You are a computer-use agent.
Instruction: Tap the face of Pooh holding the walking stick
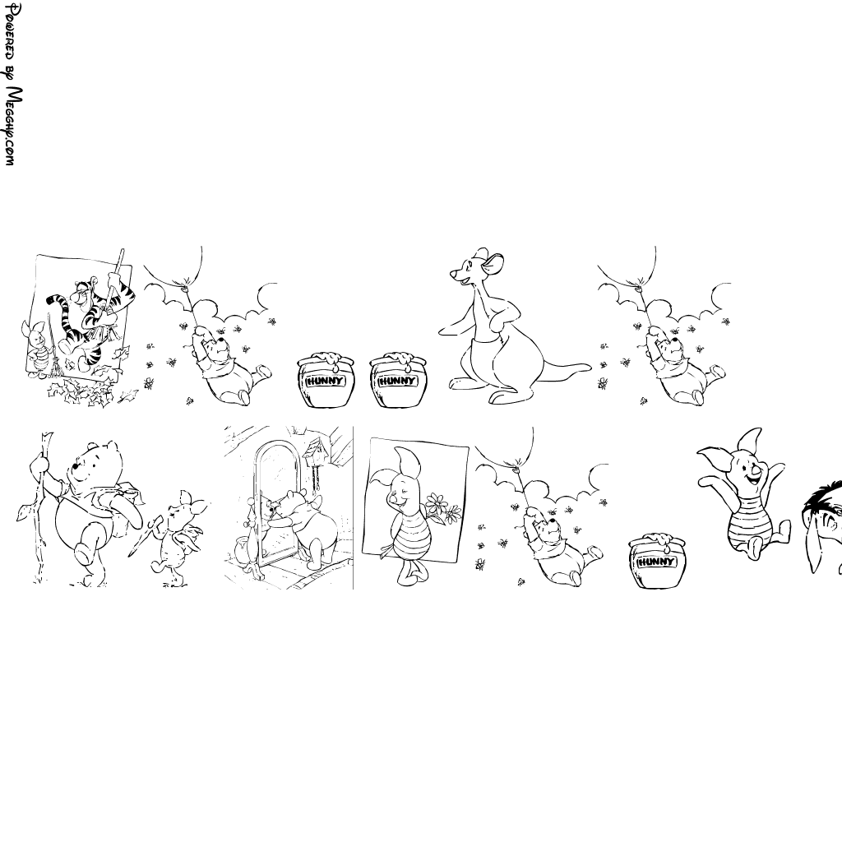(91, 466)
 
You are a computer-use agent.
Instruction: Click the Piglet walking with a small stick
(178, 537)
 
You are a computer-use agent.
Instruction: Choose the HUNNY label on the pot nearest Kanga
(397, 382)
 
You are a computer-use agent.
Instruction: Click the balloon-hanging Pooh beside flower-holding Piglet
(559, 547)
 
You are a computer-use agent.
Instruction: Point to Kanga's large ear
(496, 263)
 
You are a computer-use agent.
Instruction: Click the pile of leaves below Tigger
(86, 390)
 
